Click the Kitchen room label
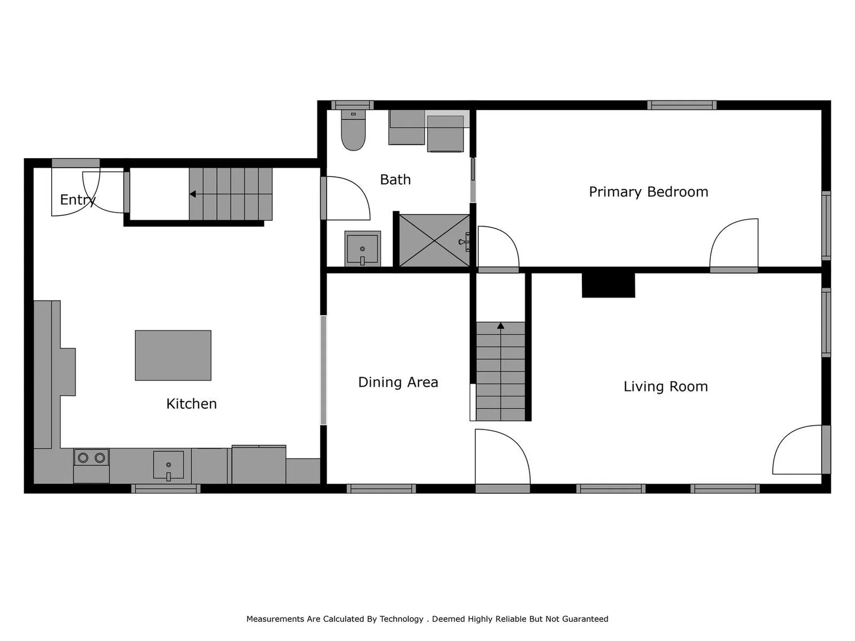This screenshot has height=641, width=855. [191, 404]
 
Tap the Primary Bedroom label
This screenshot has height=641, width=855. [648, 192]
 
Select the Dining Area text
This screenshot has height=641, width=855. [398, 382]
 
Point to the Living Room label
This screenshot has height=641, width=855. [665, 386]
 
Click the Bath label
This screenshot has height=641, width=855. [395, 180]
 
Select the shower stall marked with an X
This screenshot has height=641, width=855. [434, 241]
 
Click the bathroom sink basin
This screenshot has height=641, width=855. [362, 249]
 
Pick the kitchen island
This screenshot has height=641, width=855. [173, 355]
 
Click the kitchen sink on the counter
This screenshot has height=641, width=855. [168, 465]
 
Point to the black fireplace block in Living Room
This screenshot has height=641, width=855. [608, 285]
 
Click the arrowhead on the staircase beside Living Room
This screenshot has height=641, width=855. [501, 326]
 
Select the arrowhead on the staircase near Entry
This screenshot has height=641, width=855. [193, 194]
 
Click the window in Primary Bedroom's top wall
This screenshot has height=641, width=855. [681, 105]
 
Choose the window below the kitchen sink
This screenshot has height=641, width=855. [166, 489]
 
